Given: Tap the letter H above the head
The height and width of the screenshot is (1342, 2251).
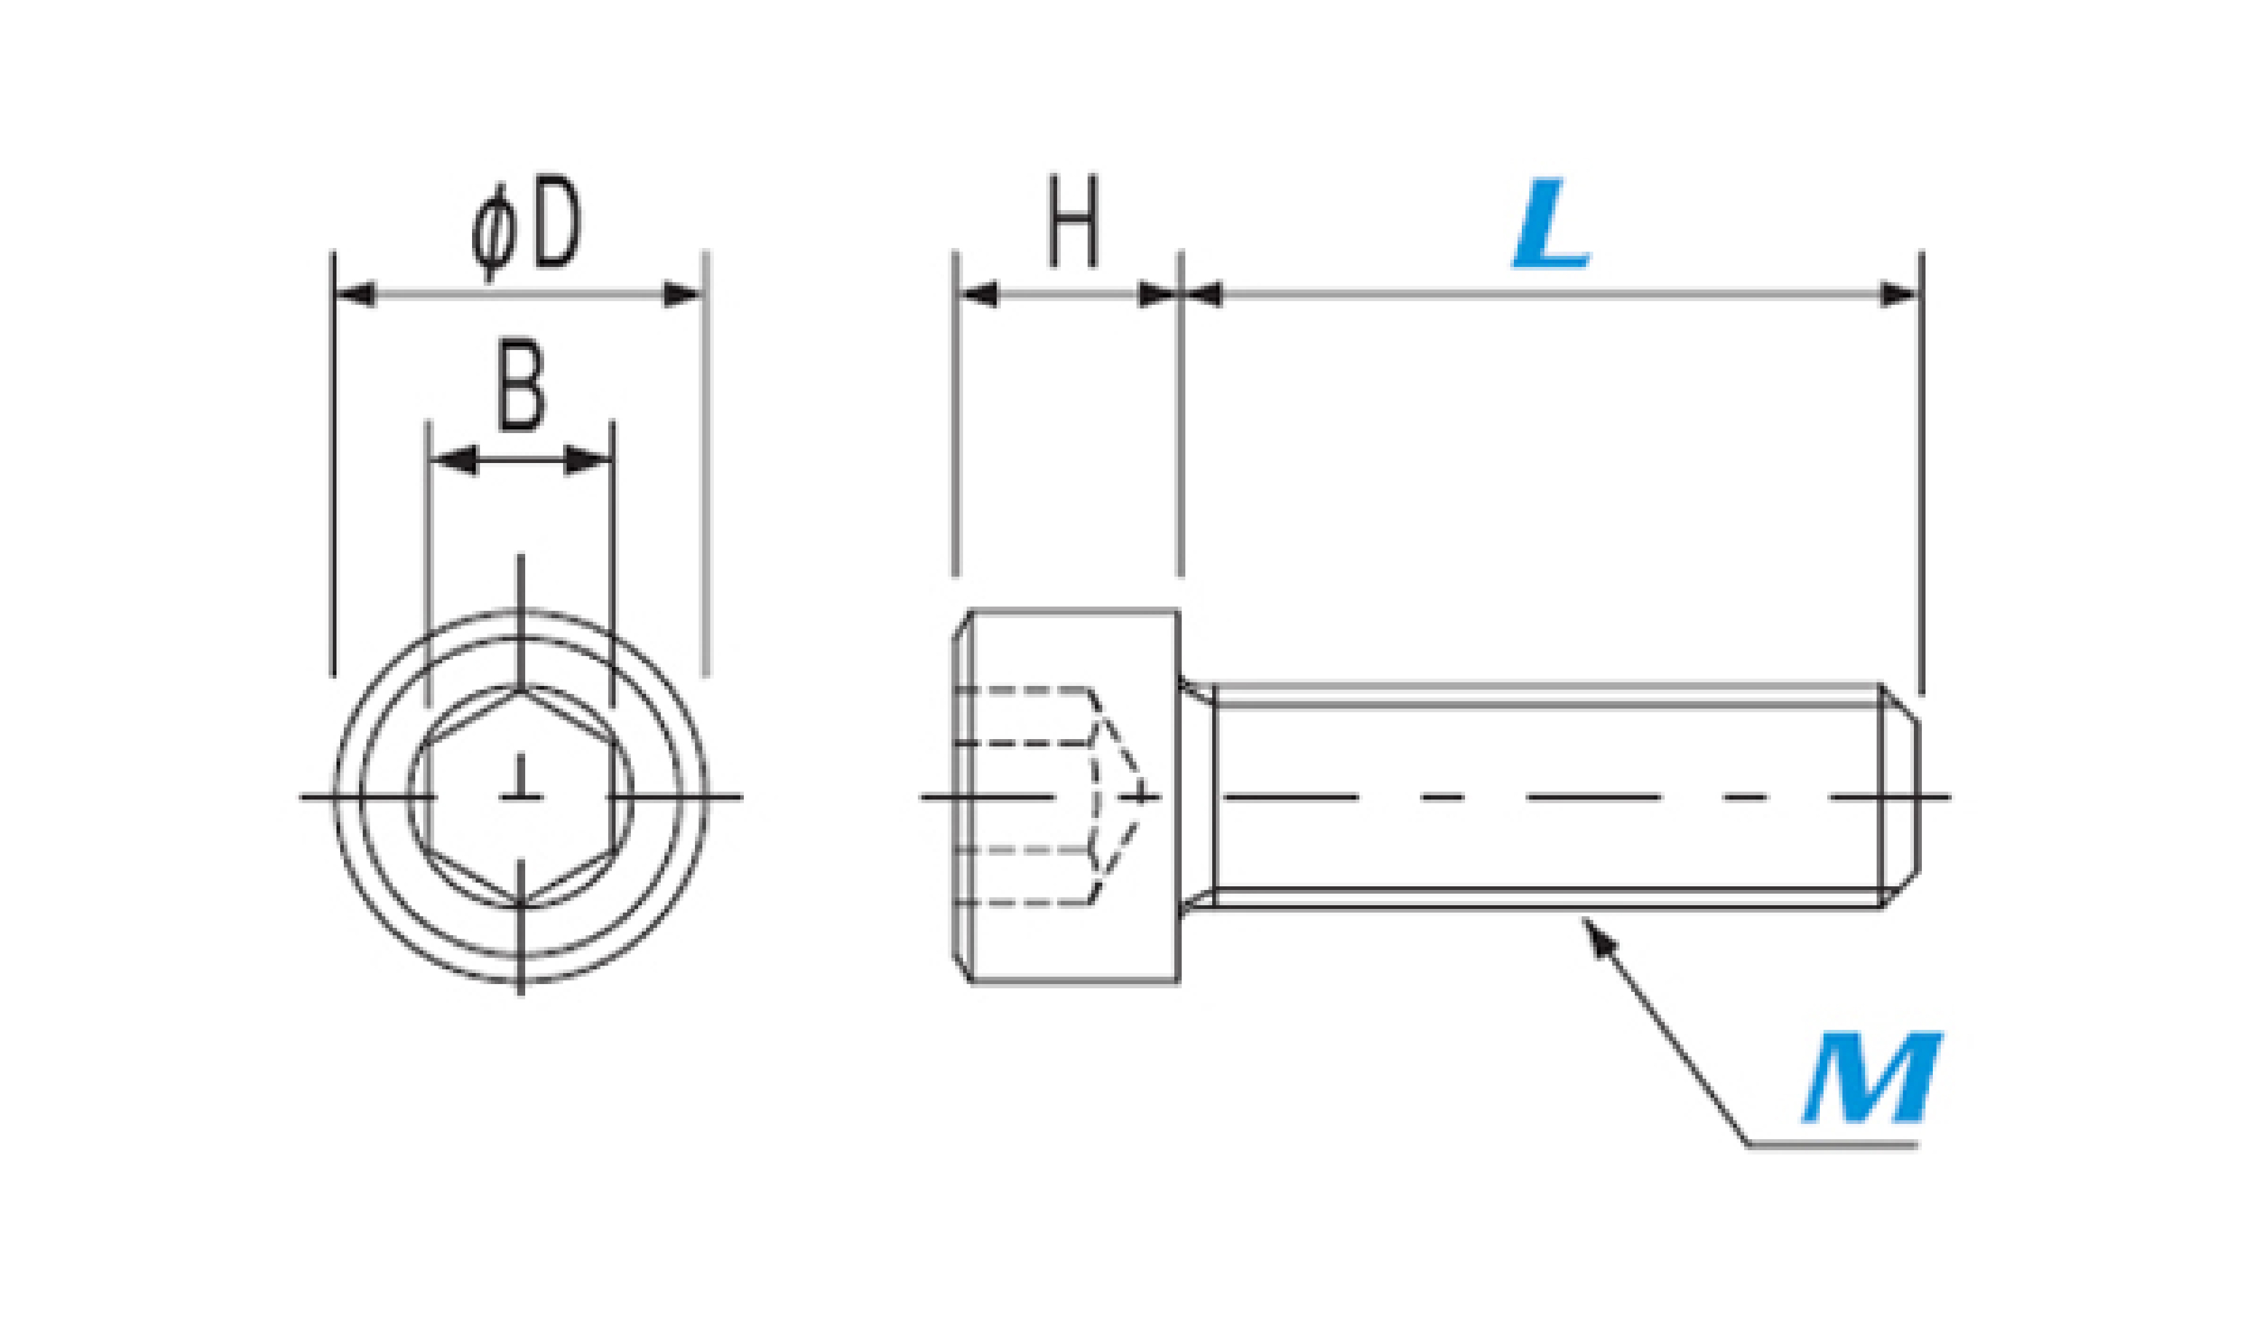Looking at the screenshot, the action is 1073,222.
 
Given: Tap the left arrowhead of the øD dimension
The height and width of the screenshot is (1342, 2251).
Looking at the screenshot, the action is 355,295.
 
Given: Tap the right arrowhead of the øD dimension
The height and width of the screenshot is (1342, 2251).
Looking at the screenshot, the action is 683,295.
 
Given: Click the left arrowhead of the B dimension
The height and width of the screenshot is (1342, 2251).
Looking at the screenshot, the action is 454,461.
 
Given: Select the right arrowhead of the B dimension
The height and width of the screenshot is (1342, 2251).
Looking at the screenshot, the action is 587,461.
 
